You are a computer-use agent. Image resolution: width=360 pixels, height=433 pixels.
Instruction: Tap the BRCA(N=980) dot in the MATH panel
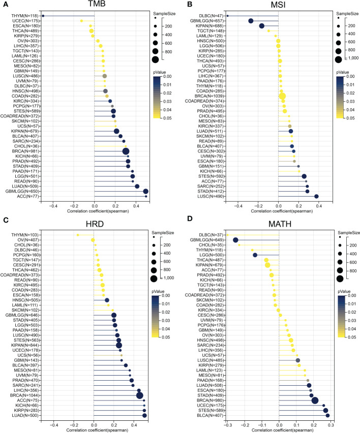pos(315,400)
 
